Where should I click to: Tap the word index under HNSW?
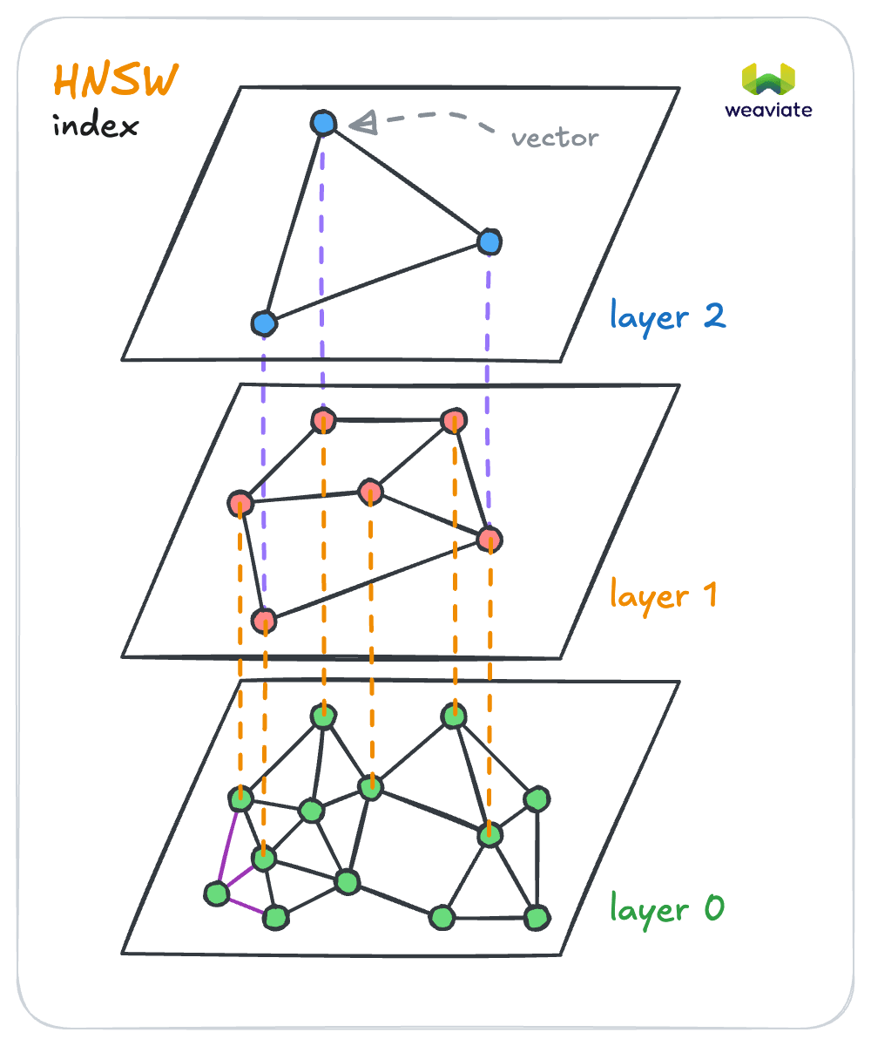pyautogui.click(x=95, y=126)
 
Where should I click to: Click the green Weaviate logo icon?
pyautogui.click(x=768, y=80)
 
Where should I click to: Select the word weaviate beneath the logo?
pyautogui.click(x=768, y=110)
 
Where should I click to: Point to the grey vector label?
pyautogui.click(x=555, y=138)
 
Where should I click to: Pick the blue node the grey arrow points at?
pyautogui.click(x=323, y=123)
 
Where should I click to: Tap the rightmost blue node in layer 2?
pyautogui.click(x=490, y=240)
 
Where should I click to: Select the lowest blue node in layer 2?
pyautogui.click(x=263, y=324)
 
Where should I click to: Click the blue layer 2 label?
pyautogui.click(x=668, y=316)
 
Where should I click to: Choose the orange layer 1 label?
pyautogui.click(x=663, y=595)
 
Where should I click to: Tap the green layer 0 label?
pyautogui.click(x=666, y=909)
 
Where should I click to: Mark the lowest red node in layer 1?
pyautogui.click(x=263, y=621)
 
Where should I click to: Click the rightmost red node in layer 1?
pyautogui.click(x=490, y=538)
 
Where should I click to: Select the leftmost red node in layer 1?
pyautogui.click(x=240, y=503)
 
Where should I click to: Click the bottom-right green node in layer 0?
pyautogui.click(x=537, y=917)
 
